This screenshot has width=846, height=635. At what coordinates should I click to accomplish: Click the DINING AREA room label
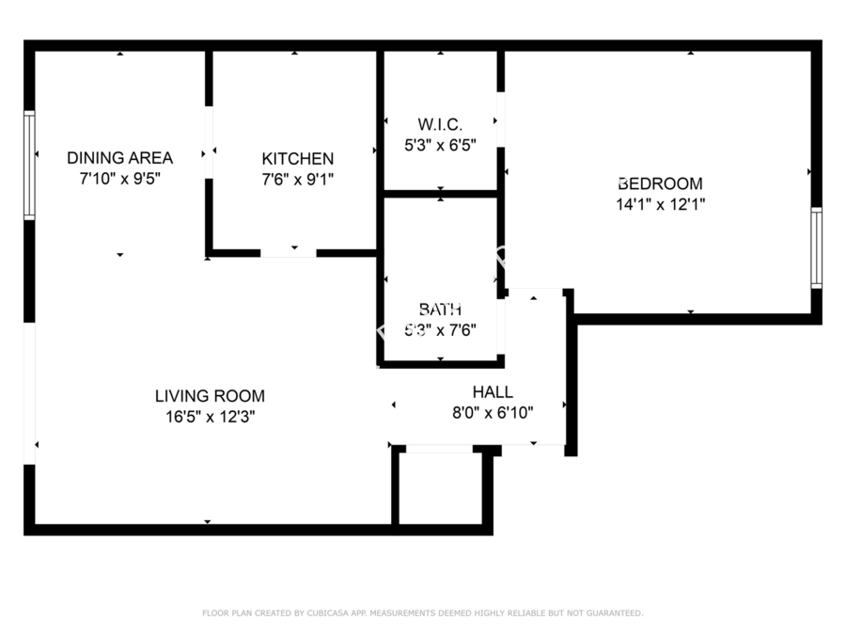point(119,157)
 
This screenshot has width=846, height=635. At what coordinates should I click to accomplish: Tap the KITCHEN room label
point(297,159)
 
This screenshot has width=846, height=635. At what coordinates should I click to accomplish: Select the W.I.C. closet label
point(440,124)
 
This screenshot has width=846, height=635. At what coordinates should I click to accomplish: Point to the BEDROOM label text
point(659,183)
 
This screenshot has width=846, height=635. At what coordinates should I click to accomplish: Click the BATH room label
point(440,309)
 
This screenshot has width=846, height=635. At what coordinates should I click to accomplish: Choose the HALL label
point(493,392)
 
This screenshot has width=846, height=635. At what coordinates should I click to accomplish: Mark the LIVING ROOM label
point(210,396)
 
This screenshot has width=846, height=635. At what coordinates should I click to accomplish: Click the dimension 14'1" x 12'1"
point(659,203)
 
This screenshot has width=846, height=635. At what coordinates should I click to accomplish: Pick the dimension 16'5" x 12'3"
point(210,416)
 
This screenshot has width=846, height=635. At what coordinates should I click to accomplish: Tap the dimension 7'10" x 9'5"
point(119,177)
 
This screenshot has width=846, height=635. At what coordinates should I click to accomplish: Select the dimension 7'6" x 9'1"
point(297,179)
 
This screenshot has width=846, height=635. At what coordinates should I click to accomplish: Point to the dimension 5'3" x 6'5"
point(440,145)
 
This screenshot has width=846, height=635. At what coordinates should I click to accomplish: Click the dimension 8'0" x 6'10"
point(493,412)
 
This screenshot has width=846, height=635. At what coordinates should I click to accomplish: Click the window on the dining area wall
point(29,166)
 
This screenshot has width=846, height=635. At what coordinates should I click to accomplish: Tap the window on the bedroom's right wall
point(816,248)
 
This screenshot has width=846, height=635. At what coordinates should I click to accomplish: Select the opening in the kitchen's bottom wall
point(288,253)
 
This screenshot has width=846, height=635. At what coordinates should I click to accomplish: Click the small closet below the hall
point(441,489)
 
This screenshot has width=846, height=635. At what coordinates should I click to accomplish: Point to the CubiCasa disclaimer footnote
point(423,613)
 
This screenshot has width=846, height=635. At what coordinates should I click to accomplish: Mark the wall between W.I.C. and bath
point(440,194)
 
